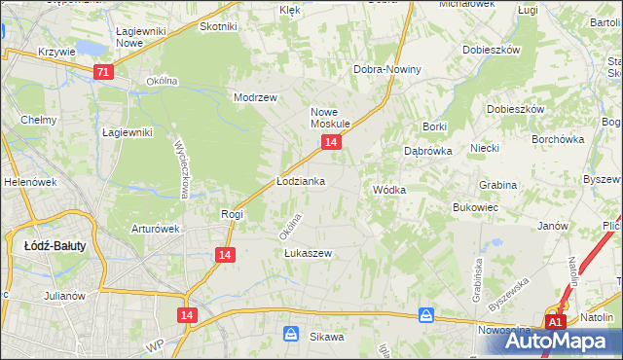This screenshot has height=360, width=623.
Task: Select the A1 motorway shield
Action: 555,322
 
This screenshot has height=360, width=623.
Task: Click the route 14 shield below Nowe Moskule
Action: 332,143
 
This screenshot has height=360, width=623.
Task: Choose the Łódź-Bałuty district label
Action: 55,246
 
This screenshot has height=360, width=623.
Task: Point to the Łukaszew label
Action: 308,254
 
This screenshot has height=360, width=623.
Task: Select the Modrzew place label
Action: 256,97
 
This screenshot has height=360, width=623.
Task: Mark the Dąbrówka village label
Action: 426,152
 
